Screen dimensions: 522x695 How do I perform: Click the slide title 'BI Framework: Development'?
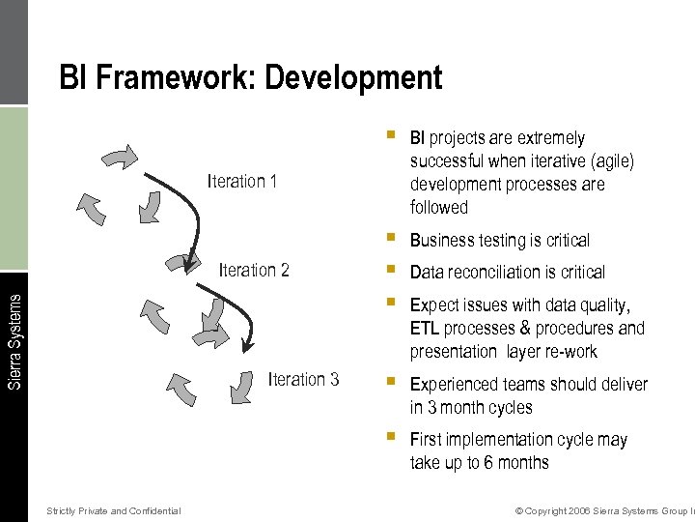(x=251, y=77)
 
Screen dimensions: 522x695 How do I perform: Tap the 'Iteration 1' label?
(x=242, y=182)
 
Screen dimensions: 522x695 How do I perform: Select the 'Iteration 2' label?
(x=254, y=270)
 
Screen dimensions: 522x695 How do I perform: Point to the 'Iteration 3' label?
(x=303, y=379)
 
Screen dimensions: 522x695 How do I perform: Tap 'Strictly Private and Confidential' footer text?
(x=113, y=510)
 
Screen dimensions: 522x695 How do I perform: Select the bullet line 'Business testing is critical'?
(x=499, y=240)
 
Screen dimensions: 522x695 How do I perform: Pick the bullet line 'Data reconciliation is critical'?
(x=507, y=273)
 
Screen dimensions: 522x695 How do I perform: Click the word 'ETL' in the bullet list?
(x=425, y=329)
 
